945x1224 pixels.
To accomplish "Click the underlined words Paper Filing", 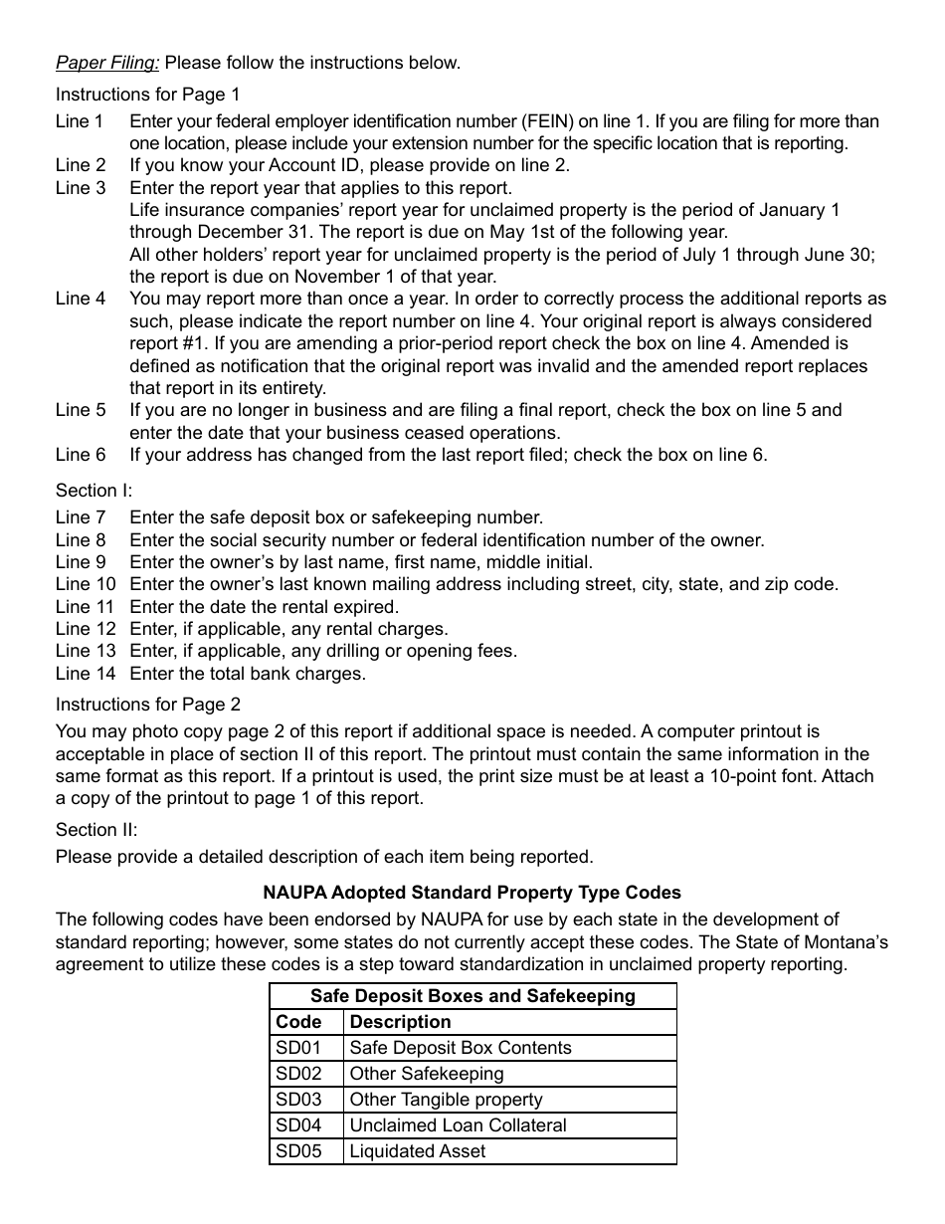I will [x=106, y=63].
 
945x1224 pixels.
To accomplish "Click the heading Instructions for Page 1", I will [x=147, y=95].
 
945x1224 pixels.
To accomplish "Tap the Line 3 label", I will [x=80, y=187].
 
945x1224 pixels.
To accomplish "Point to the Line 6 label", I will [x=80, y=455].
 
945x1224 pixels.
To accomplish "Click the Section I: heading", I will [x=94, y=490].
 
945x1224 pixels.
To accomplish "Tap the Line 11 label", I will [x=85, y=606].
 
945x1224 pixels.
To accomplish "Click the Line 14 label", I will [x=85, y=674].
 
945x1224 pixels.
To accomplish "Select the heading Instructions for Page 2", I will [x=147, y=705].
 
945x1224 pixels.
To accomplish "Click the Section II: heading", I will [x=96, y=829].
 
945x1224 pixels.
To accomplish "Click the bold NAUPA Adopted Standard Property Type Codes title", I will [x=472, y=892].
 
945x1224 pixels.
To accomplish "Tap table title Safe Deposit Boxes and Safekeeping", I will [x=472, y=996].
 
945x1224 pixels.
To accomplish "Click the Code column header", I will [x=298, y=1022].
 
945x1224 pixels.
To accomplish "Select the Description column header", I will [x=400, y=1022].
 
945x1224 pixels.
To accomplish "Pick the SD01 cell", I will [x=298, y=1048].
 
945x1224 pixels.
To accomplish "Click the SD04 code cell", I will [x=298, y=1125].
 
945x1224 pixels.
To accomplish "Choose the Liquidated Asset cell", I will [x=418, y=1151].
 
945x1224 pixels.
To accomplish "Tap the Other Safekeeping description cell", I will [x=426, y=1074].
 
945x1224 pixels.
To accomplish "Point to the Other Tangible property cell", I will [x=446, y=1100].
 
